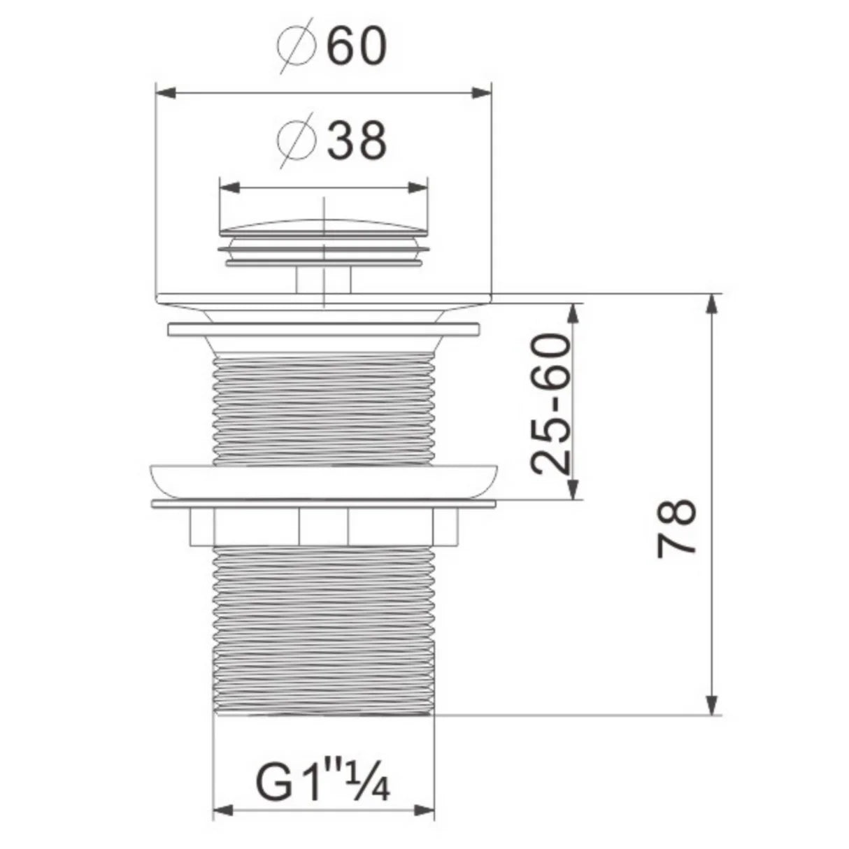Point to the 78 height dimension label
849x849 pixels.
coord(677,526)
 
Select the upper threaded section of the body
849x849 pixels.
coord(323,409)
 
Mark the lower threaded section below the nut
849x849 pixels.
coord(323,629)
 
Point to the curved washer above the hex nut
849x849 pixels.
coord(323,479)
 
